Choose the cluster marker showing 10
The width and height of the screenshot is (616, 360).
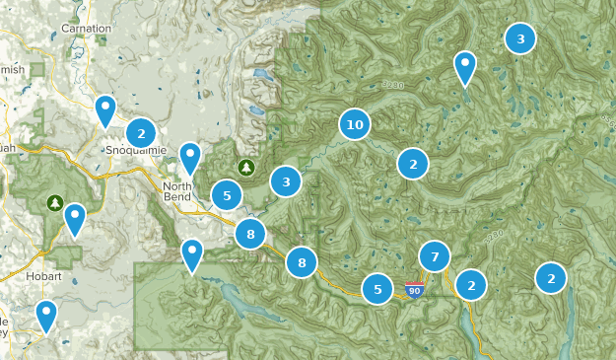point(355,124)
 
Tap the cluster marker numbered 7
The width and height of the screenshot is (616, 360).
point(434,256)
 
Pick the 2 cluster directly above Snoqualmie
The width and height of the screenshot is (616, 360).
point(141,132)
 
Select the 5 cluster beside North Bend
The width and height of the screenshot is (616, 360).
point(227,195)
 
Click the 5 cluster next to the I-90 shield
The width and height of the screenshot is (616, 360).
point(377,289)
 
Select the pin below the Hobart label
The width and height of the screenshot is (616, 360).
point(45,316)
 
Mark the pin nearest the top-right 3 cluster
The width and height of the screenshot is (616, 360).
point(464,67)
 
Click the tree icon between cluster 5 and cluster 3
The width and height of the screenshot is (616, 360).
point(245,167)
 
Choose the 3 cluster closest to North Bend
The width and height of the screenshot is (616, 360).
point(286,181)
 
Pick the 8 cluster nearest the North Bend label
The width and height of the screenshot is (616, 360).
point(250,234)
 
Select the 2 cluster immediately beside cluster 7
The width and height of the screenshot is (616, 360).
point(471,285)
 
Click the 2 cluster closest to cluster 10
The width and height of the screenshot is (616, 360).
point(413,164)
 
